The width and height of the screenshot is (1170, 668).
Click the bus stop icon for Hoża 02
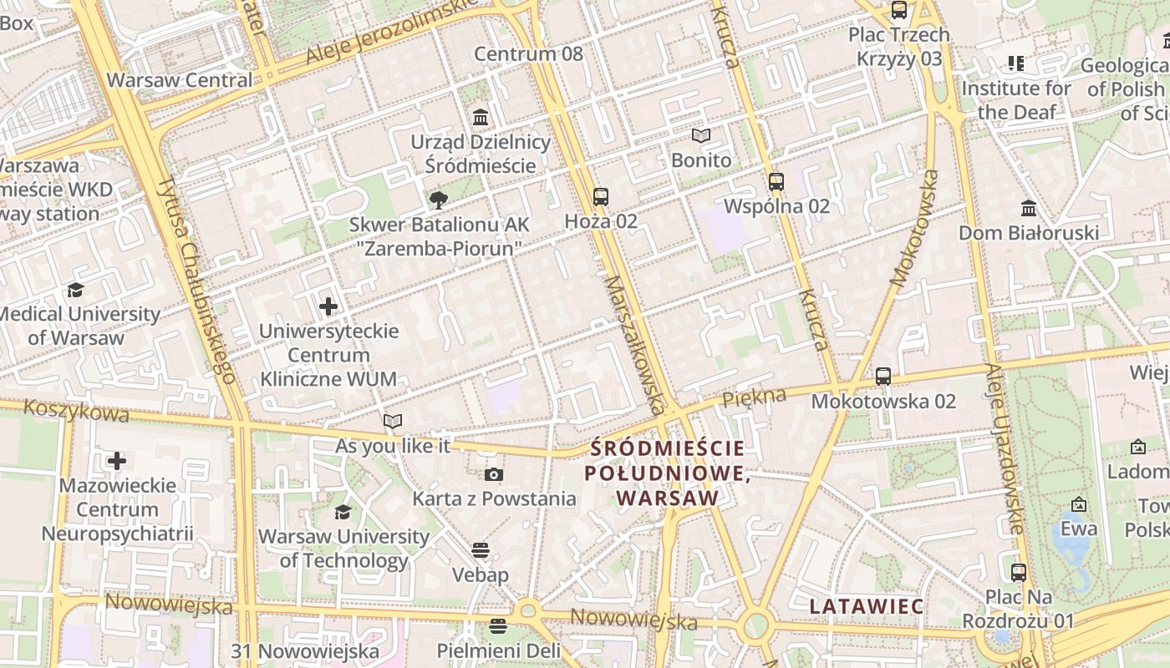(x=601, y=197)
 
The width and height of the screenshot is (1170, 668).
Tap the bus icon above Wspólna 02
(x=776, y=181)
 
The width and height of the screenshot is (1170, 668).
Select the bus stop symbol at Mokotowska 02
(x=883, y=377)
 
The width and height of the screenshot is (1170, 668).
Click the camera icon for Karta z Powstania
(x=494, y=474)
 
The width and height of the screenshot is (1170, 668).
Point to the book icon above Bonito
(x=701, y=135)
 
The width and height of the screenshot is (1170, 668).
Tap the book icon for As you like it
(x=393, y=421)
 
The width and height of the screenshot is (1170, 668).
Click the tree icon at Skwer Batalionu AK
(x=438, y=200)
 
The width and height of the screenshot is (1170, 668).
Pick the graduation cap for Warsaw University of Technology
(x=343, y=512)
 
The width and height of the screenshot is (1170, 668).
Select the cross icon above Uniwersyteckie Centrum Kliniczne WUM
(x=328, y=306)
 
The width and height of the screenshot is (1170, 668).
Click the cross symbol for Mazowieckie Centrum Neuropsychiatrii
(x=117, y=461)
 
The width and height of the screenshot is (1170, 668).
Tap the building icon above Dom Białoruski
(x=1029, y=208)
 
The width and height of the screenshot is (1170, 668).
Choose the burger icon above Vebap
(x=480, y=550)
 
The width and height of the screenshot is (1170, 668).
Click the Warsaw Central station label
(x=180, y=80)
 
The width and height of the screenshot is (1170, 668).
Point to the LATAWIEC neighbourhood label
(x=867, y=606)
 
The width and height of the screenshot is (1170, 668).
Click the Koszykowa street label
(x=76, y=411)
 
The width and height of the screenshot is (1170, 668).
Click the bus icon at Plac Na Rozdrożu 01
(x=1018, y=573)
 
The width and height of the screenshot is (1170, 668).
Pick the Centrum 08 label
(x=528, y=54)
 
